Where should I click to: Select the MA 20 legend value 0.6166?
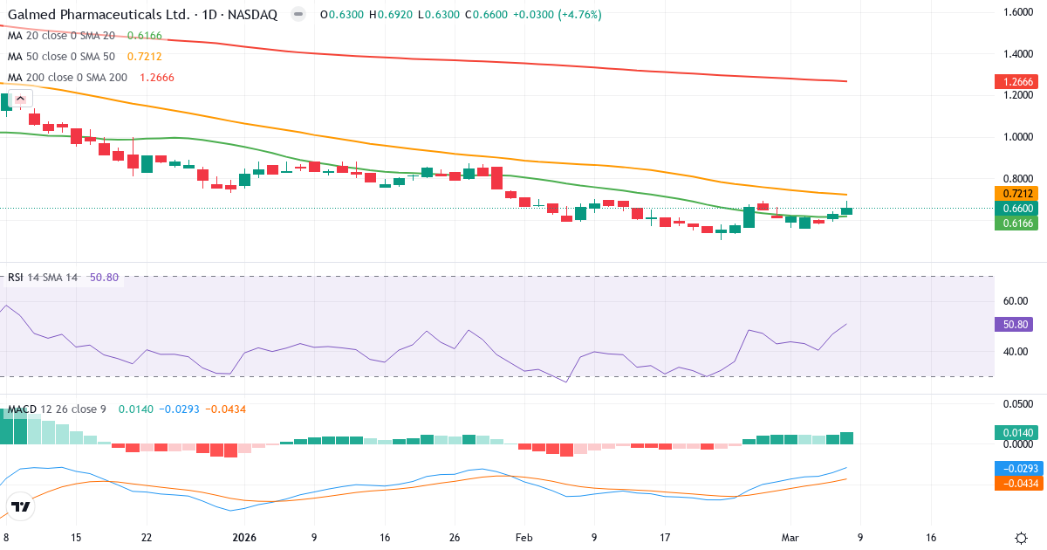[144, 36]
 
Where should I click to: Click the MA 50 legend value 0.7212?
[144, 57]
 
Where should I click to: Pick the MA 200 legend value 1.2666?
[156, 77]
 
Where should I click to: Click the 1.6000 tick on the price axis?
[1019, 12]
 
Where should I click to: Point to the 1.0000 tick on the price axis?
[1019, 137]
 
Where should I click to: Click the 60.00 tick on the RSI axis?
[1016, 301]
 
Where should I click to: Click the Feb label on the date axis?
[523, 538]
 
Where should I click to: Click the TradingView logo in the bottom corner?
[21, 506]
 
